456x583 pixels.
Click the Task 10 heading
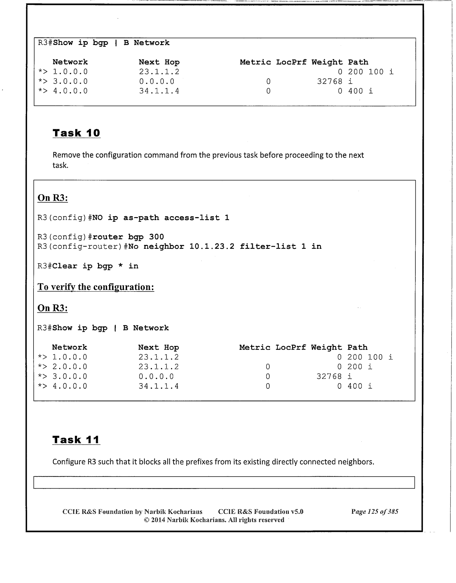coord(76,133)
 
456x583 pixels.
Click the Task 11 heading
coord(76,439)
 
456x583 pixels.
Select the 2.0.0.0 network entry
coord(70,367)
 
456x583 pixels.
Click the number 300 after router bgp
coord(156,237)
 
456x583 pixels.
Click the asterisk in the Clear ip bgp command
coord(121,266)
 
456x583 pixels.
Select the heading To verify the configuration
coord(96,287)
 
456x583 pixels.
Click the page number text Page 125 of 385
coord(375,512)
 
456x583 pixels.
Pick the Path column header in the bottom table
coord(357,347)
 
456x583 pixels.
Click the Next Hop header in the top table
coord(159,62)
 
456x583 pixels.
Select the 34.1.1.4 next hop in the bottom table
coord(158,386)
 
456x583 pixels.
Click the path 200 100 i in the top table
coord(371,72)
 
